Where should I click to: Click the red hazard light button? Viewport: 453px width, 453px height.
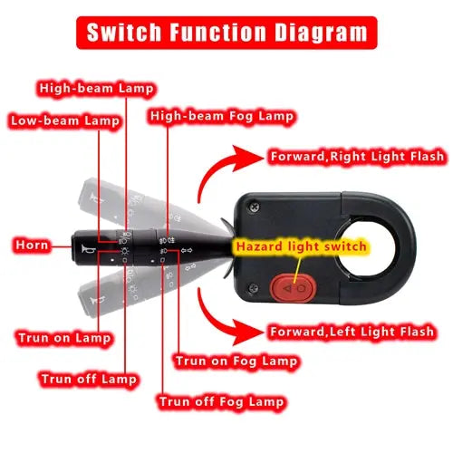293,288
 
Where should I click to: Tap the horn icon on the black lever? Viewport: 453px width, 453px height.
89,250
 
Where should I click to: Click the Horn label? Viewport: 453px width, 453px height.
32,245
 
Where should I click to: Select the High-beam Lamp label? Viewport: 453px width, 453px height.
96,89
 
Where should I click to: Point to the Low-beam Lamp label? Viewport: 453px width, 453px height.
65,120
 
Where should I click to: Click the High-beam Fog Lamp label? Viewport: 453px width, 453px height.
222,116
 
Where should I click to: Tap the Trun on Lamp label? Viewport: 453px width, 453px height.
64,338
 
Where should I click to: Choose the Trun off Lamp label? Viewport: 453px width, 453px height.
89,379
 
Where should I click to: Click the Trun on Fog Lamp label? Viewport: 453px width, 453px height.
236,361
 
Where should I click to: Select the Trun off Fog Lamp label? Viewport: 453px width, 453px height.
221,401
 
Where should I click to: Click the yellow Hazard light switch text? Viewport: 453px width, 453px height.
301,246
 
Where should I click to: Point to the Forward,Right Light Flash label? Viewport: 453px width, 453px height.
357,157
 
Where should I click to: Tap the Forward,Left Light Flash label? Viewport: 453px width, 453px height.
352,332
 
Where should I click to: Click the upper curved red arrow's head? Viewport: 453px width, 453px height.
246,158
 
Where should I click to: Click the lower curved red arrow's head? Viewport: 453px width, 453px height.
246,333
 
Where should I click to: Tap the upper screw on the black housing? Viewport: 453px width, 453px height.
255,207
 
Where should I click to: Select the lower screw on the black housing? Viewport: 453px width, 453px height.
253,288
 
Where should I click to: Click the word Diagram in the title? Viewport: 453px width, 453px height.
321,33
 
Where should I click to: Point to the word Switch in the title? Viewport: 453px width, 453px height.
124,32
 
